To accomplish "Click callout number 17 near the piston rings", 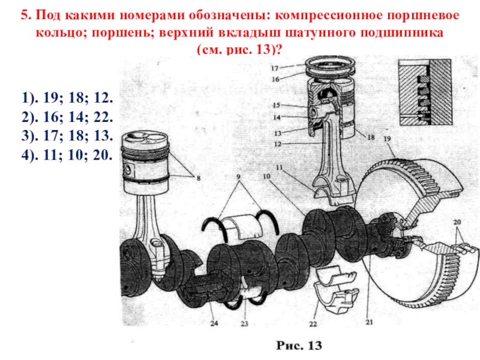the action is [275, 68].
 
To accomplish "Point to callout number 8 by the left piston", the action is [199, 178].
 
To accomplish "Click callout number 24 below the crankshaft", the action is [215, 325].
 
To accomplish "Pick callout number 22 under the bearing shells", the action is [313, 324].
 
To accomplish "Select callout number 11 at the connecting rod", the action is [280, 166].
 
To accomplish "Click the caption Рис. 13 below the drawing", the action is [299, 346].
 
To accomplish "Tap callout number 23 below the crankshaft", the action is [244, 325].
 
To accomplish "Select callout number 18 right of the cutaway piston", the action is [371, 138].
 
